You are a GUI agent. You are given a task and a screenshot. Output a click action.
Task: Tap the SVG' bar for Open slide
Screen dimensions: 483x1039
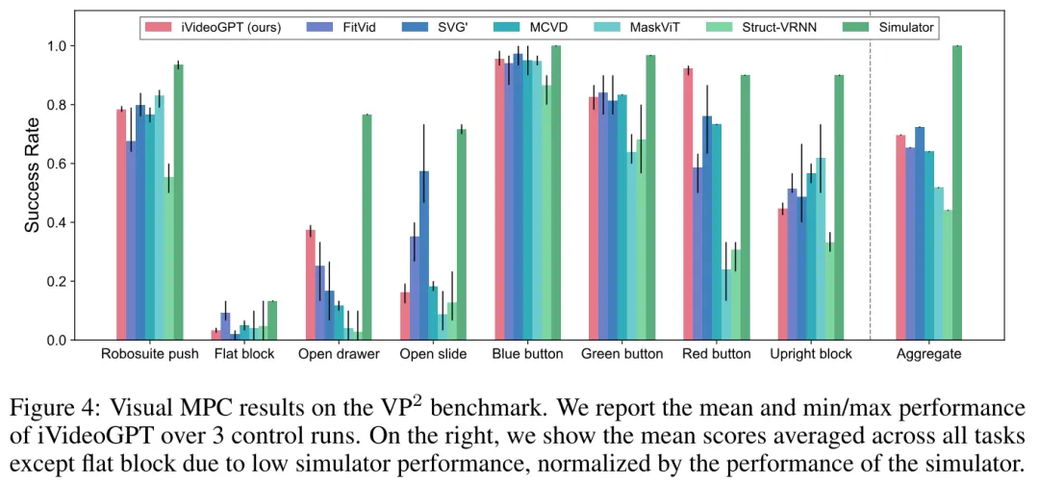[423, 255]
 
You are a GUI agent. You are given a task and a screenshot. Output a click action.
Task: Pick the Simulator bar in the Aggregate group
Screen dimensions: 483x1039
[956, 192]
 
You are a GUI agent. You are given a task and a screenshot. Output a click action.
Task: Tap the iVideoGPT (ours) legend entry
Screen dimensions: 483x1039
[228, 28]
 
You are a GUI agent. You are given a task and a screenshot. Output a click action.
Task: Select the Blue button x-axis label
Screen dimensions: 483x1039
[528, 354]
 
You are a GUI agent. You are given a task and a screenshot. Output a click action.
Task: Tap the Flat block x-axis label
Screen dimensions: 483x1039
[244, 354]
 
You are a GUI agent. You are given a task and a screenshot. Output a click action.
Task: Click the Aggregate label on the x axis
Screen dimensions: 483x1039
[928, 354]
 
